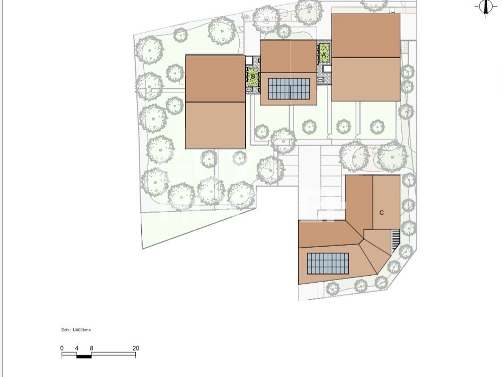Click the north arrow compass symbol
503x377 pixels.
coord(486,7)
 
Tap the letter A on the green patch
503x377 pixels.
coord(324,55)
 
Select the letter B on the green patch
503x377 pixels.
coord(253,76)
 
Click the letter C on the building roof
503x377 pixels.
coord(381,213)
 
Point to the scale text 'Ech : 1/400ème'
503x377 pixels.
coord(76,330)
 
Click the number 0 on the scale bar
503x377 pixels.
coord(62,348)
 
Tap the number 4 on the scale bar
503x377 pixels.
coord(76,348)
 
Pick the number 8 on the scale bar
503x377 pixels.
coord(92,348)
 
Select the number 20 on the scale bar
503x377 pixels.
coord(136,348)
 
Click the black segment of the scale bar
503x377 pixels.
coord(84,356)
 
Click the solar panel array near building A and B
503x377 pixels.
coord(289,89)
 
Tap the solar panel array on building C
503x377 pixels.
coord(328,264)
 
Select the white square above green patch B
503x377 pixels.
coord(249,61)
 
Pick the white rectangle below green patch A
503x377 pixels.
coord(327,69)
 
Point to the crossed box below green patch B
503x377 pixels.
coord(249,89)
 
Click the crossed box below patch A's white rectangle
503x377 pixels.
coord(321,80)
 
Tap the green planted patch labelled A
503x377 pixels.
coord(325,53)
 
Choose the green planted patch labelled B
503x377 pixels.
coord(253,77)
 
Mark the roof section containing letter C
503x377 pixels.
coord(387,202)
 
